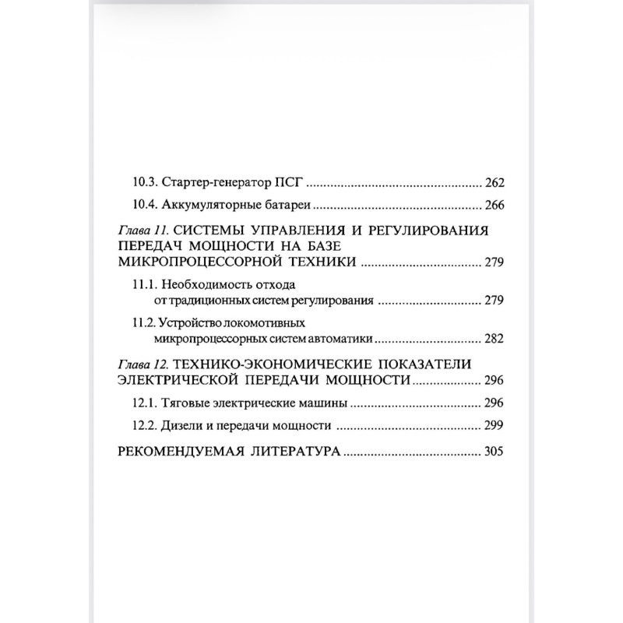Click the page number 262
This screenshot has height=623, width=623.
point(495,184)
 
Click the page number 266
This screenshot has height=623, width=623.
point(495,206)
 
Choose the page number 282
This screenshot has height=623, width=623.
point(495,338)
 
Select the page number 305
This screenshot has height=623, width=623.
point(495,451)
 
